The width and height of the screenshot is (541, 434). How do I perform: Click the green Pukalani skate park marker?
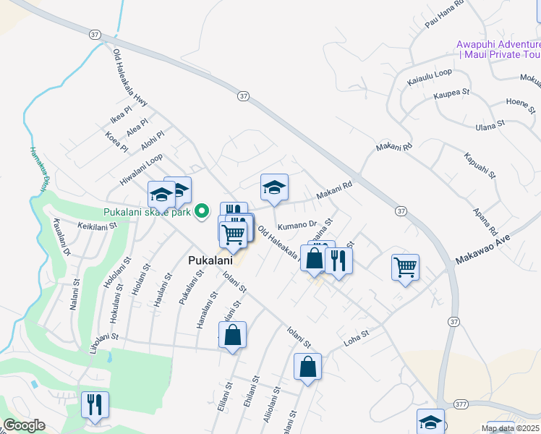203,212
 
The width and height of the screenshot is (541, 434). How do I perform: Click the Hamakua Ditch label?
38,169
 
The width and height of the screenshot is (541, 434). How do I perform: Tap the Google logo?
24,425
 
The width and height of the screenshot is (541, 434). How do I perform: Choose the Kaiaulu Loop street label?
429,74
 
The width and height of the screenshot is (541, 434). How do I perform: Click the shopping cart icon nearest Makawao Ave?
405,267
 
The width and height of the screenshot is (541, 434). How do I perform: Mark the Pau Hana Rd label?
443,14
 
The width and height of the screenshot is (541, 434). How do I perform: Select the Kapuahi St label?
480,165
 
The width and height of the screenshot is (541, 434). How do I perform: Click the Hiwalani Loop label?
142,167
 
